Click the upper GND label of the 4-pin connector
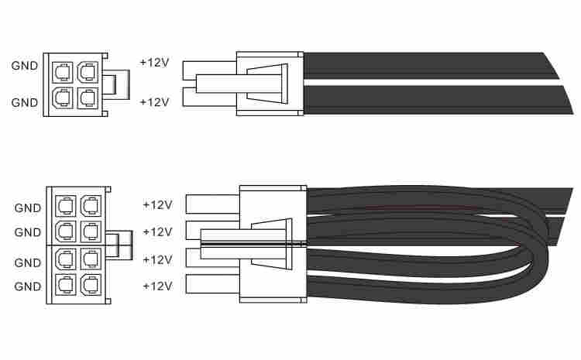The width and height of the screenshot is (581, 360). (25, 66)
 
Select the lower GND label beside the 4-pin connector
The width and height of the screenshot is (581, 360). (25, 102)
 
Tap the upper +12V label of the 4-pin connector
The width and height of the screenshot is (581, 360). (154, 62)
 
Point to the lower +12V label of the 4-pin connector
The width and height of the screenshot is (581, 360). (154, 101)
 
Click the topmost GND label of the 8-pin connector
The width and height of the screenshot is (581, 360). (27, 207)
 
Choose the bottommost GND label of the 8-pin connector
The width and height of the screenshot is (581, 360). (27, 286)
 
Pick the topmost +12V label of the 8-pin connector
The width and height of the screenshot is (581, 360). (157, 204)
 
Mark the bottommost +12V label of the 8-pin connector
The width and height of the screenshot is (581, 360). (157, 286)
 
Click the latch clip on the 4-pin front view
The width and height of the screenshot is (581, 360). (116, 84)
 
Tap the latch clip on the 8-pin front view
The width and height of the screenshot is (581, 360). (119, 245)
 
